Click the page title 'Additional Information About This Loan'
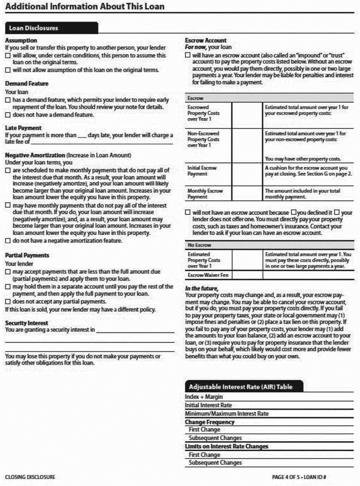coord(85,7)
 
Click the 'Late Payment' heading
coord(23,127)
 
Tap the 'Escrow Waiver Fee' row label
coord(208,275)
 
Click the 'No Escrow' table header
coord(199,245)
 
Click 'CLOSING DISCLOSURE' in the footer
coord(30,477)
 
